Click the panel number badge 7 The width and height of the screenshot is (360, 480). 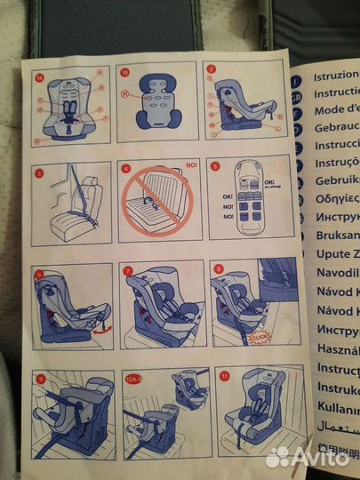(129, 269)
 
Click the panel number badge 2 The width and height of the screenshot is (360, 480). (210, 69)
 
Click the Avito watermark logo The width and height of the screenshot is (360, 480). (308, 455)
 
